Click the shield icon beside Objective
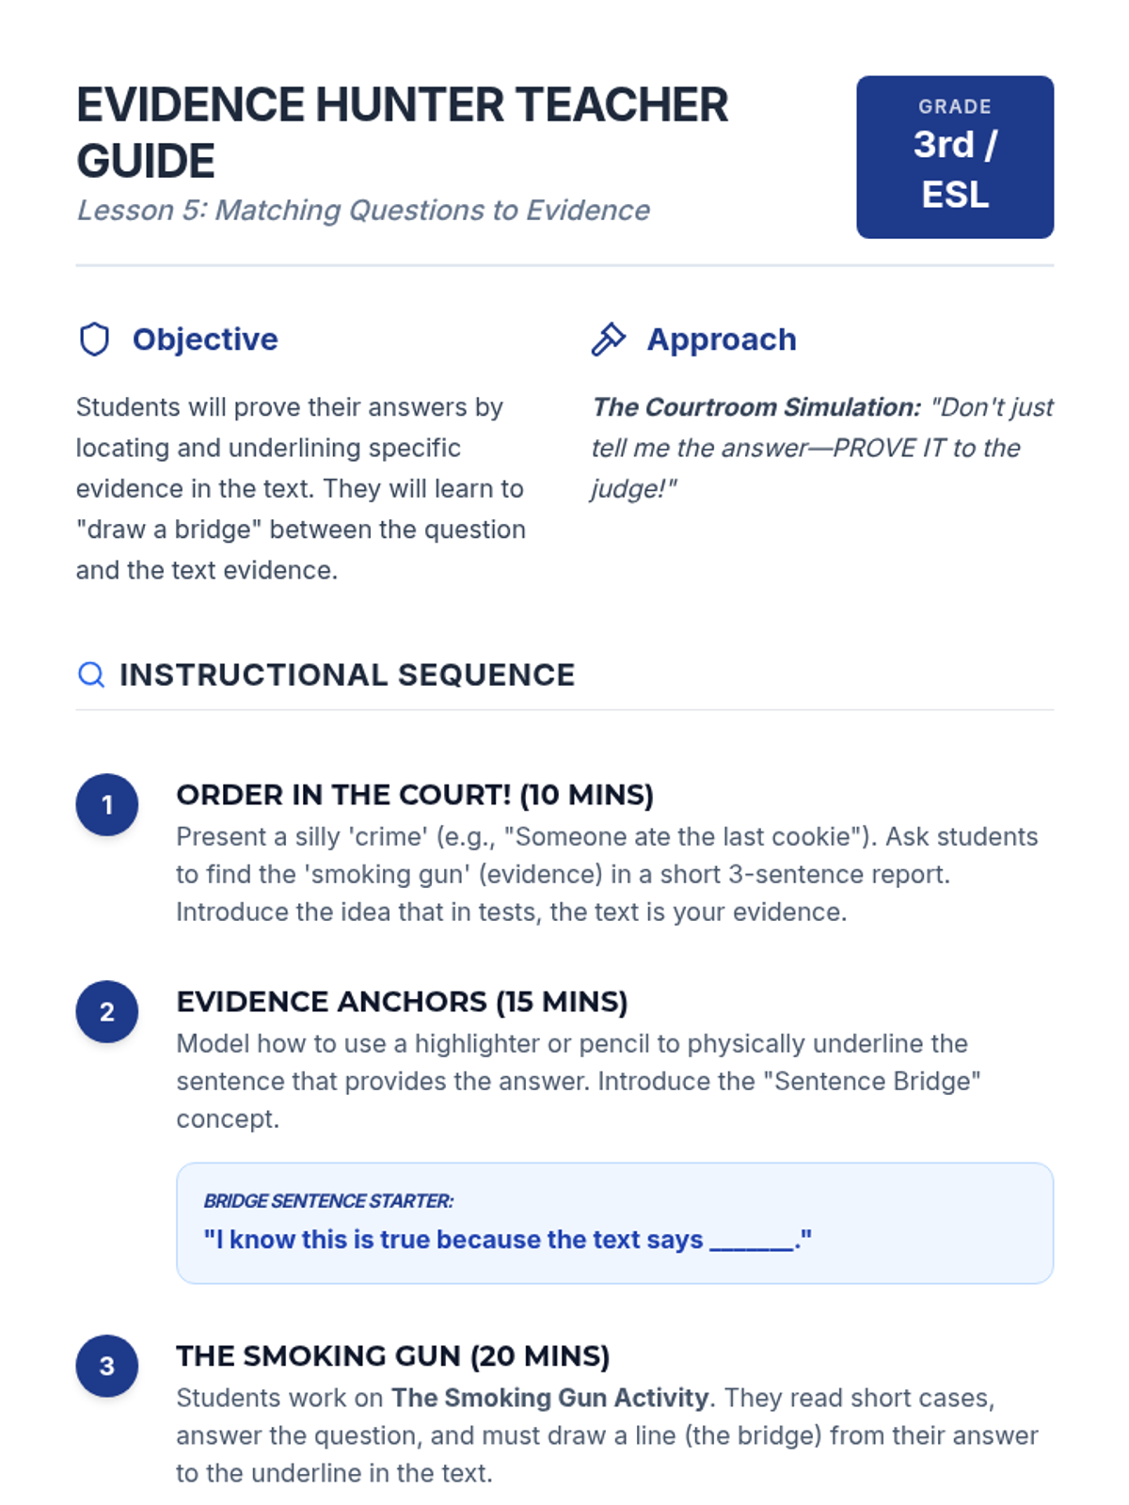tap(94, 340)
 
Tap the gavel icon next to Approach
tap(608, 340)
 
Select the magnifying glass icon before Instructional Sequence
tap(91, 674)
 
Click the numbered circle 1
tap(107, 805)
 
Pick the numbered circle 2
tap(107, 1012)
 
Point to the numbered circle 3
tap(107, 1366)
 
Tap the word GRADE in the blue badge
tap(954, 107)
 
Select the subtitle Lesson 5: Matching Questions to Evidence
tap(363, 211)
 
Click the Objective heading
tap(205, 340)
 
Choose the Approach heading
tap(721, 340)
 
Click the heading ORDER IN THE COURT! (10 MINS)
tap(414, 795)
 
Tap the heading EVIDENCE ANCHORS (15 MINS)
tap(402, 1002)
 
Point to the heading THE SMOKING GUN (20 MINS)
tap(392, 1355)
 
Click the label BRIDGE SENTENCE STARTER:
tap(328, 1201)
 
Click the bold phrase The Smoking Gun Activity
tap(549, 1398)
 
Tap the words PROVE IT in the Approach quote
tap(890, 448)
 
